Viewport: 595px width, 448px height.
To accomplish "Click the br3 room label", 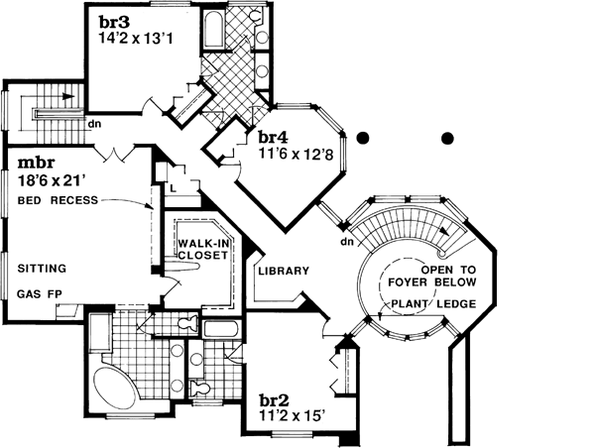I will tap(113, 21).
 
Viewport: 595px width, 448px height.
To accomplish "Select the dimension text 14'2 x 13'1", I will tap(137, 41).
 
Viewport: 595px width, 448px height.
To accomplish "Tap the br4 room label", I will tap(274, 138).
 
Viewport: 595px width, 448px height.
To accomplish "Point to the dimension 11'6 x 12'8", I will tap(296, 156).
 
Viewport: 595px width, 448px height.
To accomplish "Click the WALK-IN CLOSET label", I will tap(203, 248).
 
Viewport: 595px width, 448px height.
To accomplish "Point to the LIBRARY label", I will tap(284, 271).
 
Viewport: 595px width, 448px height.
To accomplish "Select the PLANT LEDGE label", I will tap(433, 304).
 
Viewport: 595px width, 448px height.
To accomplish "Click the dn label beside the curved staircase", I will tap(347, 240).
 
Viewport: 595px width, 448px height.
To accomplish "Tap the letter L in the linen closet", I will tap(173, 185).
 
